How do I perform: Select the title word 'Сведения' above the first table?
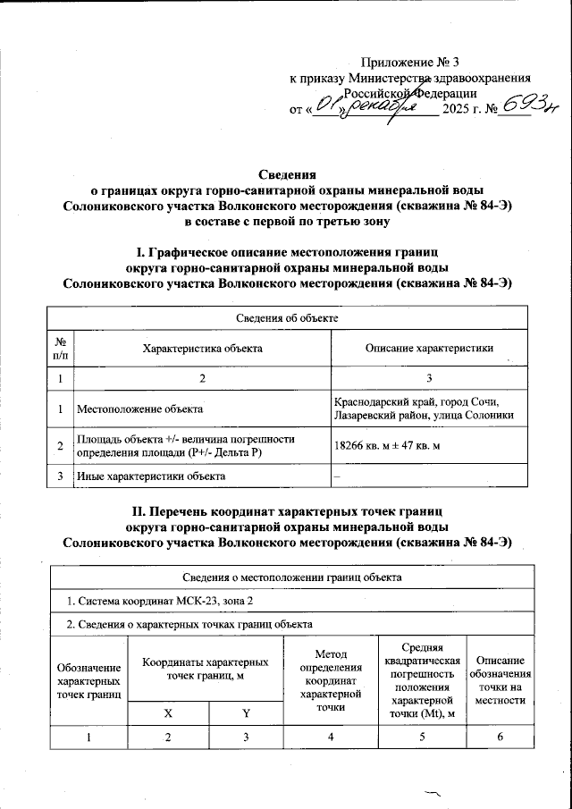(286, 174)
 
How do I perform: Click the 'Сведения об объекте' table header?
(286, 316)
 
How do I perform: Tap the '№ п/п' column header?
(59, 348)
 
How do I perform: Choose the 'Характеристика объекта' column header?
(202, 348)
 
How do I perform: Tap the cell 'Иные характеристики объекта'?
(151, 476)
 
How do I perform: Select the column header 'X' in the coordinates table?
(168, 712)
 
